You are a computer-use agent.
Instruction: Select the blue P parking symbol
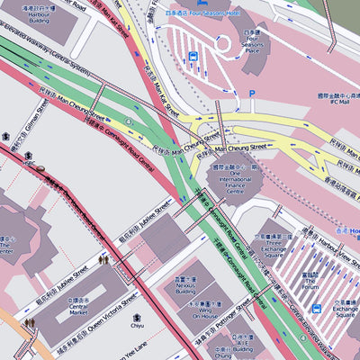pos(252,94)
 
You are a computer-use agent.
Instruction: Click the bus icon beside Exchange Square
pos(317,308)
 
